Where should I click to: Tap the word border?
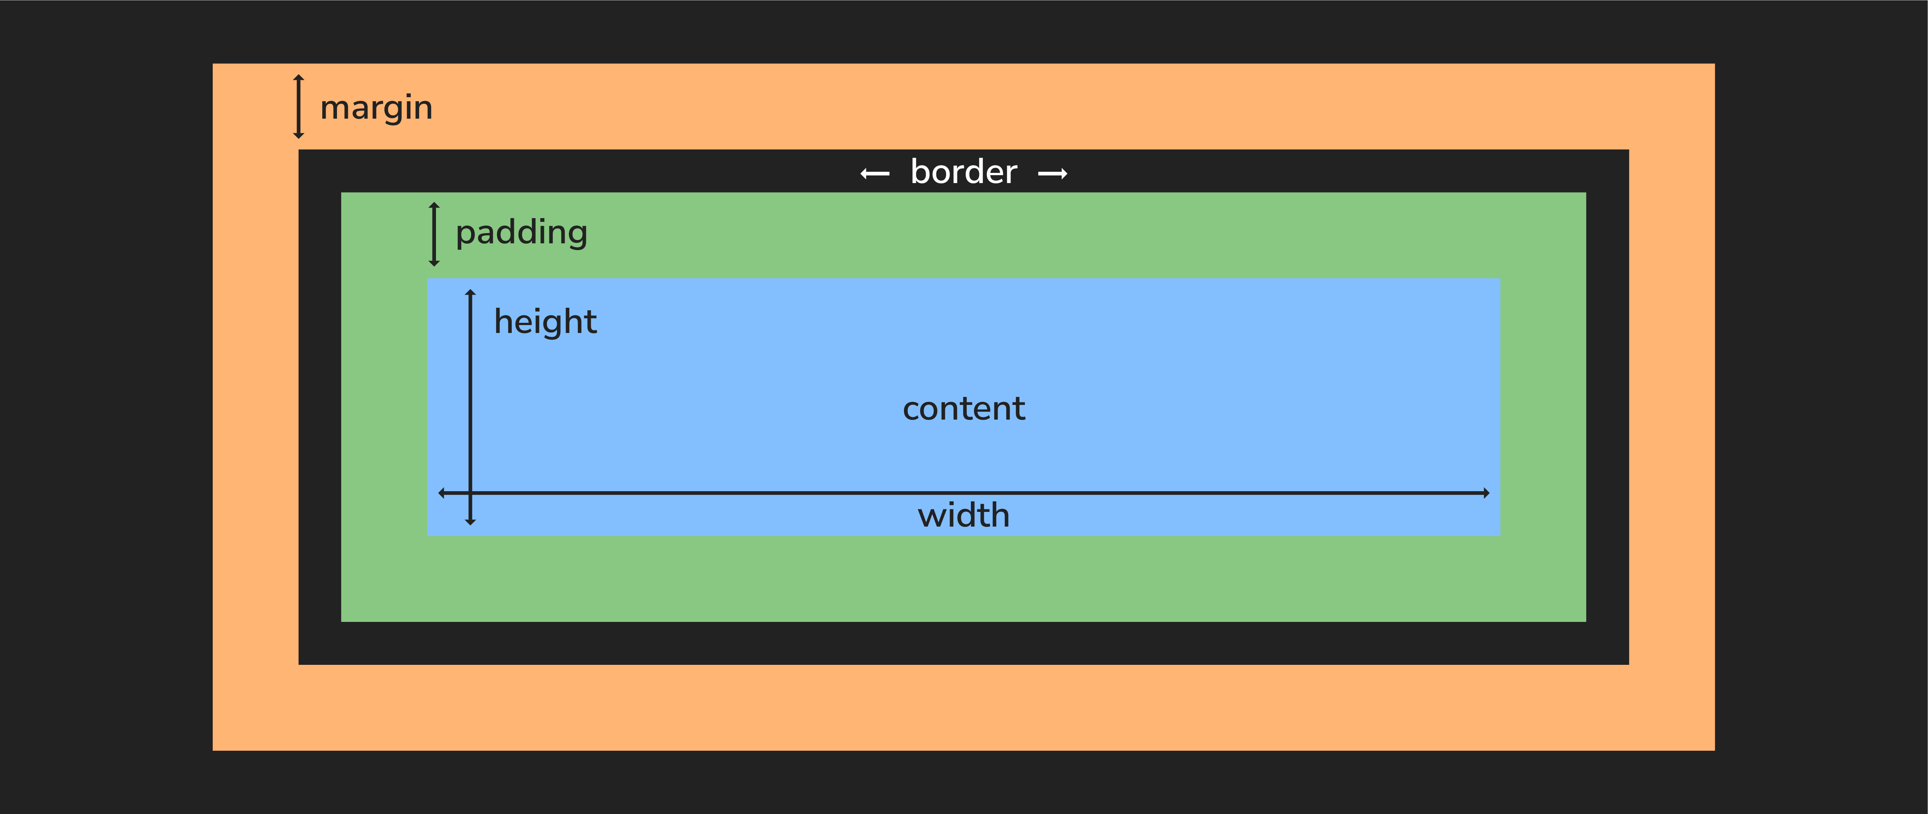coord(963,172)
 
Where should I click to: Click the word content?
coord(963,409)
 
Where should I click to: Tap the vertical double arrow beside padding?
coord(434,234)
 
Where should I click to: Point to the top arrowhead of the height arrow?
coord(470,293)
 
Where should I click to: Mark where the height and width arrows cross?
coord(470,493)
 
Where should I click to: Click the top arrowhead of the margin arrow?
coord(299,78)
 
